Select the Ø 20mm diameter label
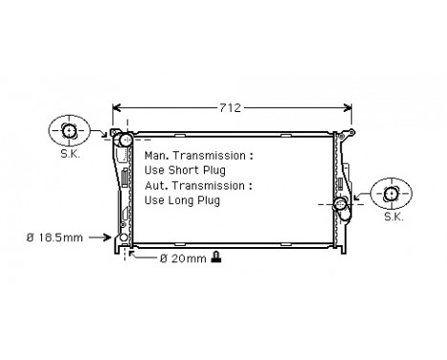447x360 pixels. coord(182,259)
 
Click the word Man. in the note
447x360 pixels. coord(158,154)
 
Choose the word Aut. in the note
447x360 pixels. coord(157,185)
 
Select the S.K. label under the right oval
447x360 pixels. coord(393,217)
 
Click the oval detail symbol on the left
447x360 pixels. coord(69,130)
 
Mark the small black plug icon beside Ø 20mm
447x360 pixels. coord(217,258)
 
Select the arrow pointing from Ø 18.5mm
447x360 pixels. coord(109,236)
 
